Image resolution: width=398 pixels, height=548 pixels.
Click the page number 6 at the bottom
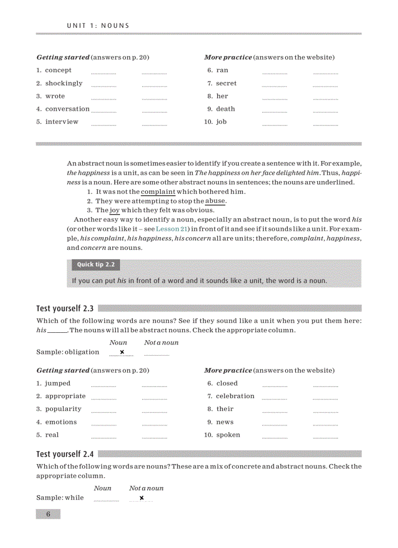48,514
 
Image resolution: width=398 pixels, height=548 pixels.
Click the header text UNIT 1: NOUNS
98,25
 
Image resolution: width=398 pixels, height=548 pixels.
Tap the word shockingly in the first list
64,83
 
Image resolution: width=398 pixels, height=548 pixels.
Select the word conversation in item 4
67,109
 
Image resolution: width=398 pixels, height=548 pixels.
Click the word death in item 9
225,109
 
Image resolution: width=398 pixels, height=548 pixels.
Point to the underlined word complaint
158,192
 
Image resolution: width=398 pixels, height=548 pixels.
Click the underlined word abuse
215,201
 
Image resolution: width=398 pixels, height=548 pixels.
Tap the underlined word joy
115,210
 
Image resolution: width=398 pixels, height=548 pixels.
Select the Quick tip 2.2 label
96,265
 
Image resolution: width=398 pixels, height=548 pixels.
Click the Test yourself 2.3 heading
65,308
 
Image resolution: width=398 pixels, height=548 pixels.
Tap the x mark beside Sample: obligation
122,352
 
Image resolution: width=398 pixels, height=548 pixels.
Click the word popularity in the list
63,409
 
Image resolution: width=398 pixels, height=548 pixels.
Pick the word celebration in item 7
235,396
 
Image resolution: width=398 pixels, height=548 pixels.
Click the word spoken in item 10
228,435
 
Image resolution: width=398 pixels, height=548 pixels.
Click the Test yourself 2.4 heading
65,454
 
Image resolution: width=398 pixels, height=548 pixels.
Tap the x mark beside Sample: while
141,498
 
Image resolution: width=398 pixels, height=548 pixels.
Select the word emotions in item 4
61,422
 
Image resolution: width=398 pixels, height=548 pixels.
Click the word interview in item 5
61,122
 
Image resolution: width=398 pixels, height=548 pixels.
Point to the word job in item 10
221,122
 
